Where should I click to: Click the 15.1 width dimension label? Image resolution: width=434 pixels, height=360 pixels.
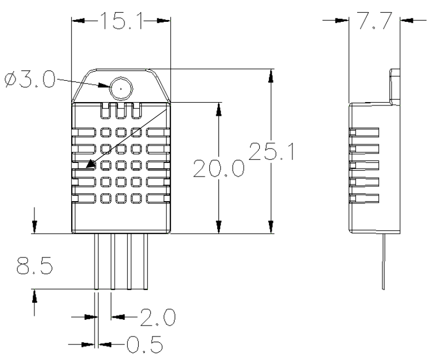tap(120, 21)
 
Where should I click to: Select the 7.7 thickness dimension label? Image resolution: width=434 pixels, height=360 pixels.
tap(374, 21)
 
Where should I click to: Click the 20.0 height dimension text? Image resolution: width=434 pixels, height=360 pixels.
tap(218, 170)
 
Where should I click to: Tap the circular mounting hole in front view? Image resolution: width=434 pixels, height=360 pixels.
tap(121, 88)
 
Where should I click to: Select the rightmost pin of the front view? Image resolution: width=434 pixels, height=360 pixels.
tap(147, 261)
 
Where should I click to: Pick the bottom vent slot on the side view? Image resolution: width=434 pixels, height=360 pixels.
tap(364, 199)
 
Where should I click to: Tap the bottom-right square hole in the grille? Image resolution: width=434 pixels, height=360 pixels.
tap(136, 199)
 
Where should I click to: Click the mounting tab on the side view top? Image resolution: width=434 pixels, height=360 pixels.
tap(396, 86)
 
